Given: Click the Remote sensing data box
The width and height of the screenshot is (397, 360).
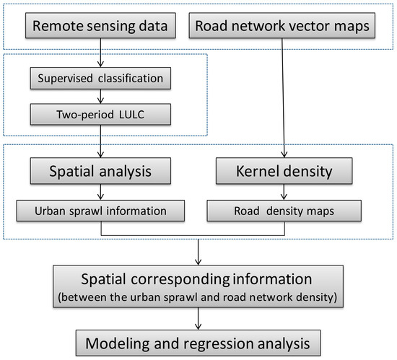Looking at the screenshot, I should pos(100,27).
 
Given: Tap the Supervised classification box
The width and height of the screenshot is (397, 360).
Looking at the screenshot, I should pos(100,76).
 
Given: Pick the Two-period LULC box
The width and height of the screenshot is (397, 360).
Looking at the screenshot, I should pos(100,113).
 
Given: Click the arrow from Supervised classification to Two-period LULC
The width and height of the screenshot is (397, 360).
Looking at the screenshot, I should pos(100,95).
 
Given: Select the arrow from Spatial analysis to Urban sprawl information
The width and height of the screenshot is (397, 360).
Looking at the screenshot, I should pos(100,193).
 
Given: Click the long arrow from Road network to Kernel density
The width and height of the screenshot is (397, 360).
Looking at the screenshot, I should pos(276,101).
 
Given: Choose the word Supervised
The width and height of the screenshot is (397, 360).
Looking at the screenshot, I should pos(74,76).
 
